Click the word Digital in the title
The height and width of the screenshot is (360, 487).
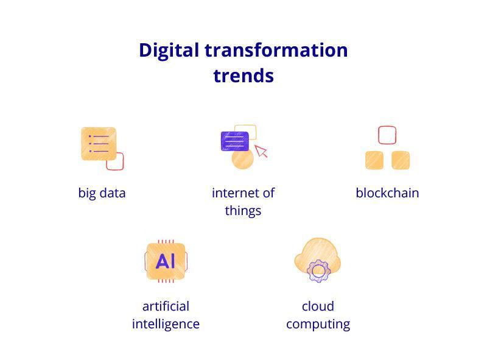tap(169, 51)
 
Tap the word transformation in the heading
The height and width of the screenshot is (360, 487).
tap(276, 50)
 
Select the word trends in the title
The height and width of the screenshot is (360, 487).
tap(243, 76)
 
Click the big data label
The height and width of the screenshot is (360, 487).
tap(102, 193)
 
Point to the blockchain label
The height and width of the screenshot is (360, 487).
tap(387, 192)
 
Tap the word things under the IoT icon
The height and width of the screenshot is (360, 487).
tap(243, 211)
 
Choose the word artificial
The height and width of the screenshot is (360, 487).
tap(166, 306)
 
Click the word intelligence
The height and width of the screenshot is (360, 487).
tap(166, 324)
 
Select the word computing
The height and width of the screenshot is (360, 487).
tap(318, 324)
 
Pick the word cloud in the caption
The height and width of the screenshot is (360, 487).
tap(318, 306)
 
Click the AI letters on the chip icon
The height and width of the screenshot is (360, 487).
tap(166, 261)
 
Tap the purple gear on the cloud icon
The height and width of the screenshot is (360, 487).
tap(318, 271)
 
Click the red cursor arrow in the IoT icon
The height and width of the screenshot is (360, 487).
tap(261, 151)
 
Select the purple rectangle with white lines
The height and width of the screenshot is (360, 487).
tap(235, 141)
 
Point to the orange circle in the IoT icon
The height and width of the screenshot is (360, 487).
tap(242, 158)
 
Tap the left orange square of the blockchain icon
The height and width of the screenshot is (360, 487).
tap(374, 160)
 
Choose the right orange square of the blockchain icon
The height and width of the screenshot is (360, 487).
tap(401, 160)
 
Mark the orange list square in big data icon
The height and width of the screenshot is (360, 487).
tap(99, 144)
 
